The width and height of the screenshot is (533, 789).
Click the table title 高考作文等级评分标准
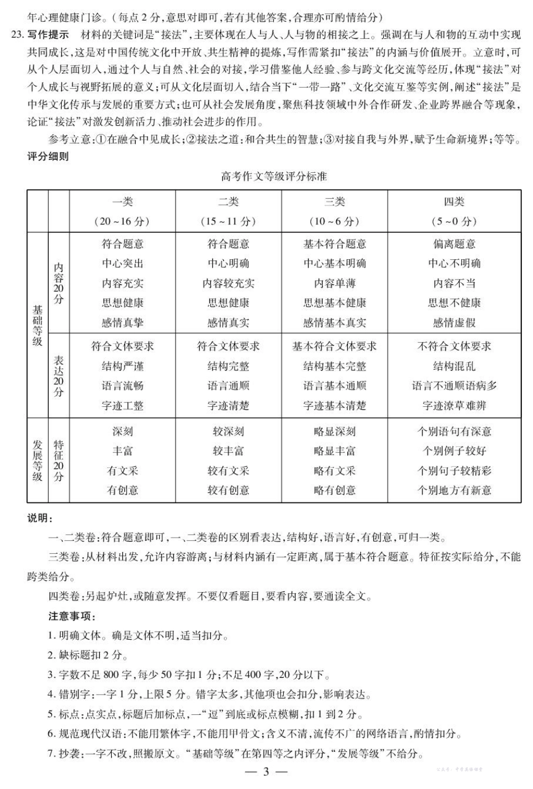274,176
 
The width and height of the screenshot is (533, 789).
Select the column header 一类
122,201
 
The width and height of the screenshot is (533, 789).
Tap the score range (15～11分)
228,221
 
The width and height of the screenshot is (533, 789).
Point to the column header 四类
454,201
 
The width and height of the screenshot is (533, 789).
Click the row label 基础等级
38,325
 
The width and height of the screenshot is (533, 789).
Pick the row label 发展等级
38,460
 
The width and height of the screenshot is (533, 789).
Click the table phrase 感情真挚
122,323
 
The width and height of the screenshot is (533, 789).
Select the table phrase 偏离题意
454,244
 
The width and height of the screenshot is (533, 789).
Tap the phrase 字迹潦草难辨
454,406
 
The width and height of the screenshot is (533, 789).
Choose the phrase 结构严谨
122,366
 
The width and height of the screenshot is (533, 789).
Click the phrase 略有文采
334,471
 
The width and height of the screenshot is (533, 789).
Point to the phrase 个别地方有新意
454,490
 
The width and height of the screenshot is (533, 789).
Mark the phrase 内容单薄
334,283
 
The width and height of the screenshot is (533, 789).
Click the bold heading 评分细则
48,157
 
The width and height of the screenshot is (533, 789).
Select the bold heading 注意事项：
72,616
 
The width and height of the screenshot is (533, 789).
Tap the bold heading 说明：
40,518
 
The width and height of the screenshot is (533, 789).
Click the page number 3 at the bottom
266,772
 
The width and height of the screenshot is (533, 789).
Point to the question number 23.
17,35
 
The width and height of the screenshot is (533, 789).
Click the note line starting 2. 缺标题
88,655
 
